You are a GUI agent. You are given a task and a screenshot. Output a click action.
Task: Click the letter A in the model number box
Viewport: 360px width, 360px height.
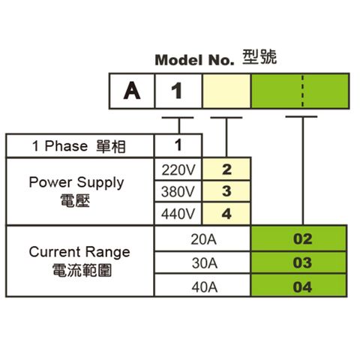tap(132, 91)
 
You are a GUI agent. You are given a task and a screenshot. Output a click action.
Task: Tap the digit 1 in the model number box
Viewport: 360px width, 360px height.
tap(177, 91)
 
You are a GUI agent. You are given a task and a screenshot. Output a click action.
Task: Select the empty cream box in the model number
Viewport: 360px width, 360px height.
tap(226, 91)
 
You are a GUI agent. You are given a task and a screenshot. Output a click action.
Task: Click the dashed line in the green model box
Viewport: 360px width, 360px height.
tap(303, 91)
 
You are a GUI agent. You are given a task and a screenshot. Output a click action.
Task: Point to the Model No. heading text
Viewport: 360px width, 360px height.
tap(194, 60)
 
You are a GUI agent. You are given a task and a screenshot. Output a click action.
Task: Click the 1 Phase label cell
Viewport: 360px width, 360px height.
tap(79, 146)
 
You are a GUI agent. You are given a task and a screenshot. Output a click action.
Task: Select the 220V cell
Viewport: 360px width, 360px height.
tap(178, 169)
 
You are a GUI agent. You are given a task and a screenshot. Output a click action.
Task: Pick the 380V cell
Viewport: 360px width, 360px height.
tap(178, 191)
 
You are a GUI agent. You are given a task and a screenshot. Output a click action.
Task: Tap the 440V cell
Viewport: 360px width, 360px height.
tap(178, 214)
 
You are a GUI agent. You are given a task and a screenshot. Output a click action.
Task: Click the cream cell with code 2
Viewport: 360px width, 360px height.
tap(226, 169)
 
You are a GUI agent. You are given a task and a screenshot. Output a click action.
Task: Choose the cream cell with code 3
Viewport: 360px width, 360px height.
tap(226, 191)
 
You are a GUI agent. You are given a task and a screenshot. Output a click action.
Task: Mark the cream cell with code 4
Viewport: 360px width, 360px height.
tap(226, 214)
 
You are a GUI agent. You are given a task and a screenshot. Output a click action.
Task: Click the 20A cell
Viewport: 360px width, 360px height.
tap(203, 239)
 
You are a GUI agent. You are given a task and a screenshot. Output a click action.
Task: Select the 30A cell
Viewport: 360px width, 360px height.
tap(203, 262)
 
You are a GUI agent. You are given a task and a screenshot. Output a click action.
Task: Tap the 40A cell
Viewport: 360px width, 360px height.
tap(203, 286)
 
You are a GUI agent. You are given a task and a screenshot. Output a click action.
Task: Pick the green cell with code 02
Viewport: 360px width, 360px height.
tap(298, 239)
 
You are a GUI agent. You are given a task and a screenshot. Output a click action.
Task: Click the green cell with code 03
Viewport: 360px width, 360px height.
tap(298, 262)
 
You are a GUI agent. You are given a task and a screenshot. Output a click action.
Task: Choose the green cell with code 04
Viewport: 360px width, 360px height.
tap(298, 286)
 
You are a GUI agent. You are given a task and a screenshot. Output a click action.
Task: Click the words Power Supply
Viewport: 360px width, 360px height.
tap(76, 183)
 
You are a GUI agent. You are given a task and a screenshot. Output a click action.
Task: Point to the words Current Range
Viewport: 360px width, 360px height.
tap(79, 252)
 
